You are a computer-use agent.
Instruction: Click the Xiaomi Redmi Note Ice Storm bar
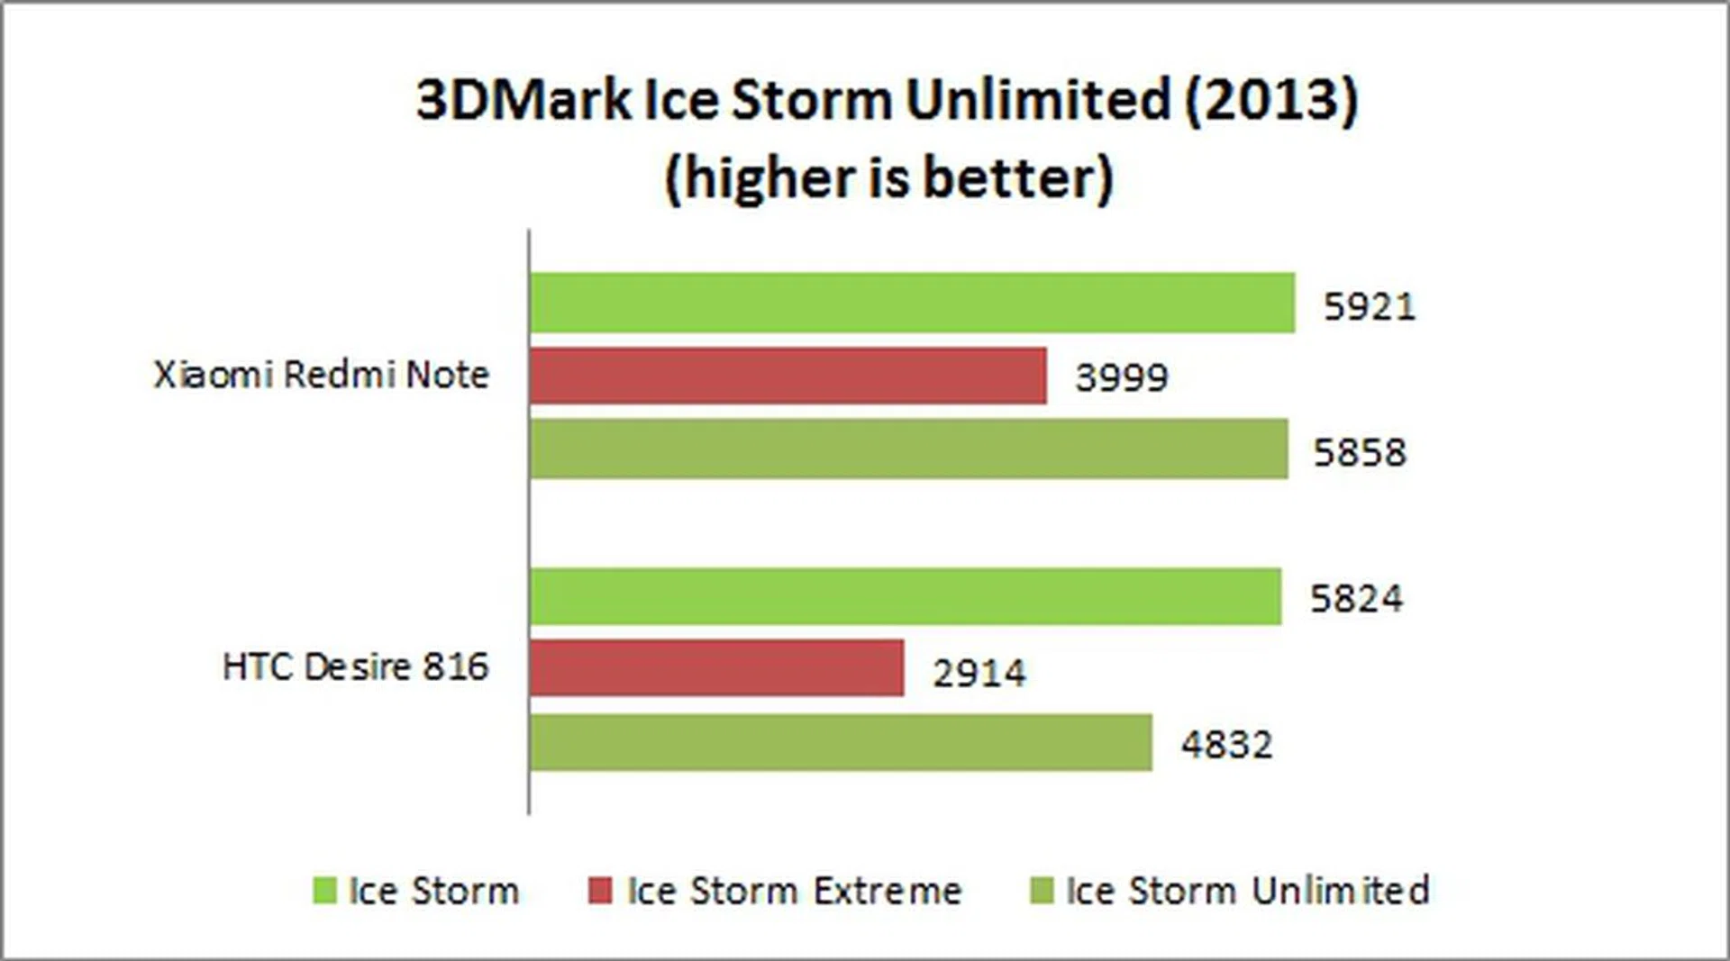pyautogui.click(x=912, y=303)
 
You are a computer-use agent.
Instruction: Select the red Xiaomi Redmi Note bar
pyautogui.click(x=788, y=376)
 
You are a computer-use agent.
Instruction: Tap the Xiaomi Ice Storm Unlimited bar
pyautogui.click(x=908, y=449)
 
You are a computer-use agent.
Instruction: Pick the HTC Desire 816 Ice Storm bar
pyautogui.click(x=905, y=596)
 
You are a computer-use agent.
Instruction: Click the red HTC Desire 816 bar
pyautogui.click(x=716, y=668)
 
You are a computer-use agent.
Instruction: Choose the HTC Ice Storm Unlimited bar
pyautogui.click(x=841, y=742)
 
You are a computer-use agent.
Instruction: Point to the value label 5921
pyautogui.click(x=1369, y=307)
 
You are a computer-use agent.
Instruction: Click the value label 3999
pyautogui.click(x=1121, y=377)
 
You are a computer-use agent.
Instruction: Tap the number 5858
pyautogui.click(x=1359, y=452)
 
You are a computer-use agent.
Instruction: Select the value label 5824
pyautogui.click(x=1355, y=599)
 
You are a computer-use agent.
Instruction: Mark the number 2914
pyautogui.click(x=979, y=673)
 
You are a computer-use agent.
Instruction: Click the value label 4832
pyautogui.click(x=1226, y=745)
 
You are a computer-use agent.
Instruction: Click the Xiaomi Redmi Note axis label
pyautogui.click(x=321, y=375)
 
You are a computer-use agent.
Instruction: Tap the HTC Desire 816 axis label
pyautogui.click(x=355, y=667)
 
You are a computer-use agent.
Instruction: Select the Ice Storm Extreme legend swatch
pyautogui.click(x=599, y=891)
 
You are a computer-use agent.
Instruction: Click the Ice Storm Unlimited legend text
pyautogui.click(x=1247, y=891)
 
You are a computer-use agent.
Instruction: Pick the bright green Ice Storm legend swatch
pyautogui.click(x=323, y=891)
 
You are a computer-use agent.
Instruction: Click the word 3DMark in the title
pyautogui.click(x=524, y=99)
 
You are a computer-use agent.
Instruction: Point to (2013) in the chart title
pyautogui.click(x=1270, y=99)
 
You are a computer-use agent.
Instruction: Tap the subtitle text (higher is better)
pyautogui.click(x=888, y=177)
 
